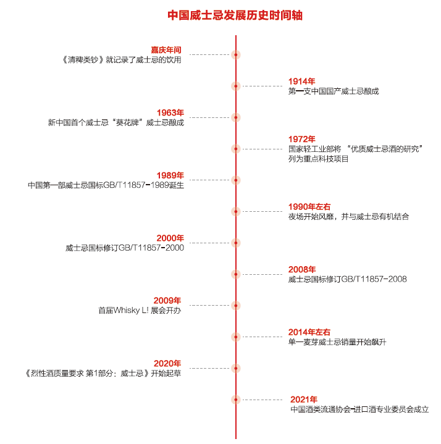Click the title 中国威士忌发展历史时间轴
235,15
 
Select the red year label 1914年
301,81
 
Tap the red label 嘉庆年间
166,49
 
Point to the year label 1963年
170,112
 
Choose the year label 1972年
301,139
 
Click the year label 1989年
170,175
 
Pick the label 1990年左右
309,206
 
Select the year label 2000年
170,238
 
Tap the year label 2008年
301,269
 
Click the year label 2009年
167,301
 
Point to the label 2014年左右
309,332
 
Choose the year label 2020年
167,363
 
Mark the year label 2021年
303,400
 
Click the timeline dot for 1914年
235,86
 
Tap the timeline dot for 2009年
235,306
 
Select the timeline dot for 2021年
235,400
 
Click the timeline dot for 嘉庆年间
235,54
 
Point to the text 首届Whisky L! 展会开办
140,311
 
